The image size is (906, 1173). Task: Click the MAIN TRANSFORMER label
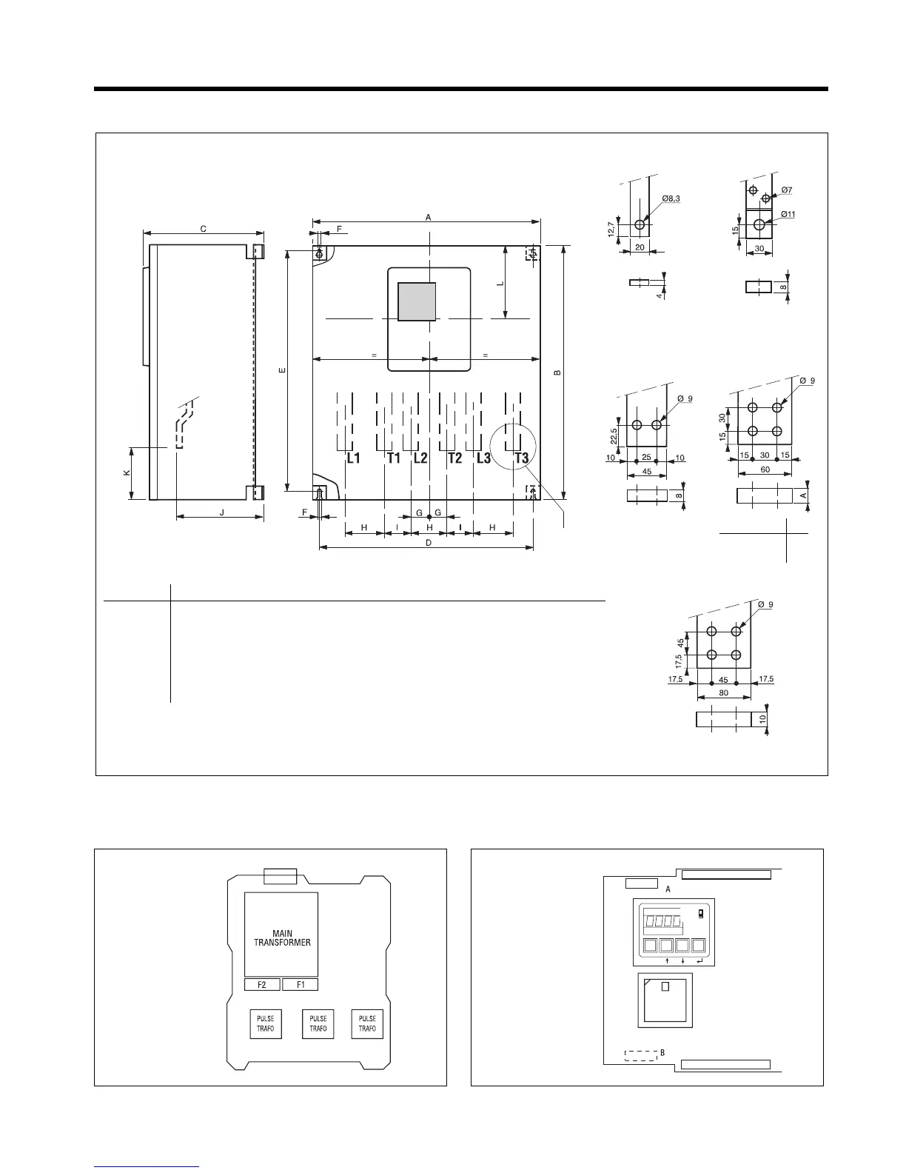(x=282, y=938)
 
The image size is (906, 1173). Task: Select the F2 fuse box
(x=262, y=985)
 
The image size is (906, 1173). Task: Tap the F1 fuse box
(x=301, y=985)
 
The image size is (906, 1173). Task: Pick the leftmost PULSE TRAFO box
(x=266, y=1023)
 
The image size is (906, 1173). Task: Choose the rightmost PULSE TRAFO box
(x=367, y=1023)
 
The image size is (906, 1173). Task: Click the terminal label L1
(x=353, y=458)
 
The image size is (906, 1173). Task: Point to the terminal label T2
(x=454, y=458)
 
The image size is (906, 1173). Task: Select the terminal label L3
(x=483, y=458)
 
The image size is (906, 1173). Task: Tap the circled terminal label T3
(x=522, y=458)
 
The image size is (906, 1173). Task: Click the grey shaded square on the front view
(x=417, y=301)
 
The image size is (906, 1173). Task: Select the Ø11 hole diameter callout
(x=787, y=215)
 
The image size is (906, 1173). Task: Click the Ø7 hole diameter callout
(x=786, y=190)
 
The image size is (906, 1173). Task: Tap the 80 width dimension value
(x=723, y=693)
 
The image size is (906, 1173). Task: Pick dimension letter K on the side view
(x=127, y=473)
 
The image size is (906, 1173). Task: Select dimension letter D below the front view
(x=428, y=543)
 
